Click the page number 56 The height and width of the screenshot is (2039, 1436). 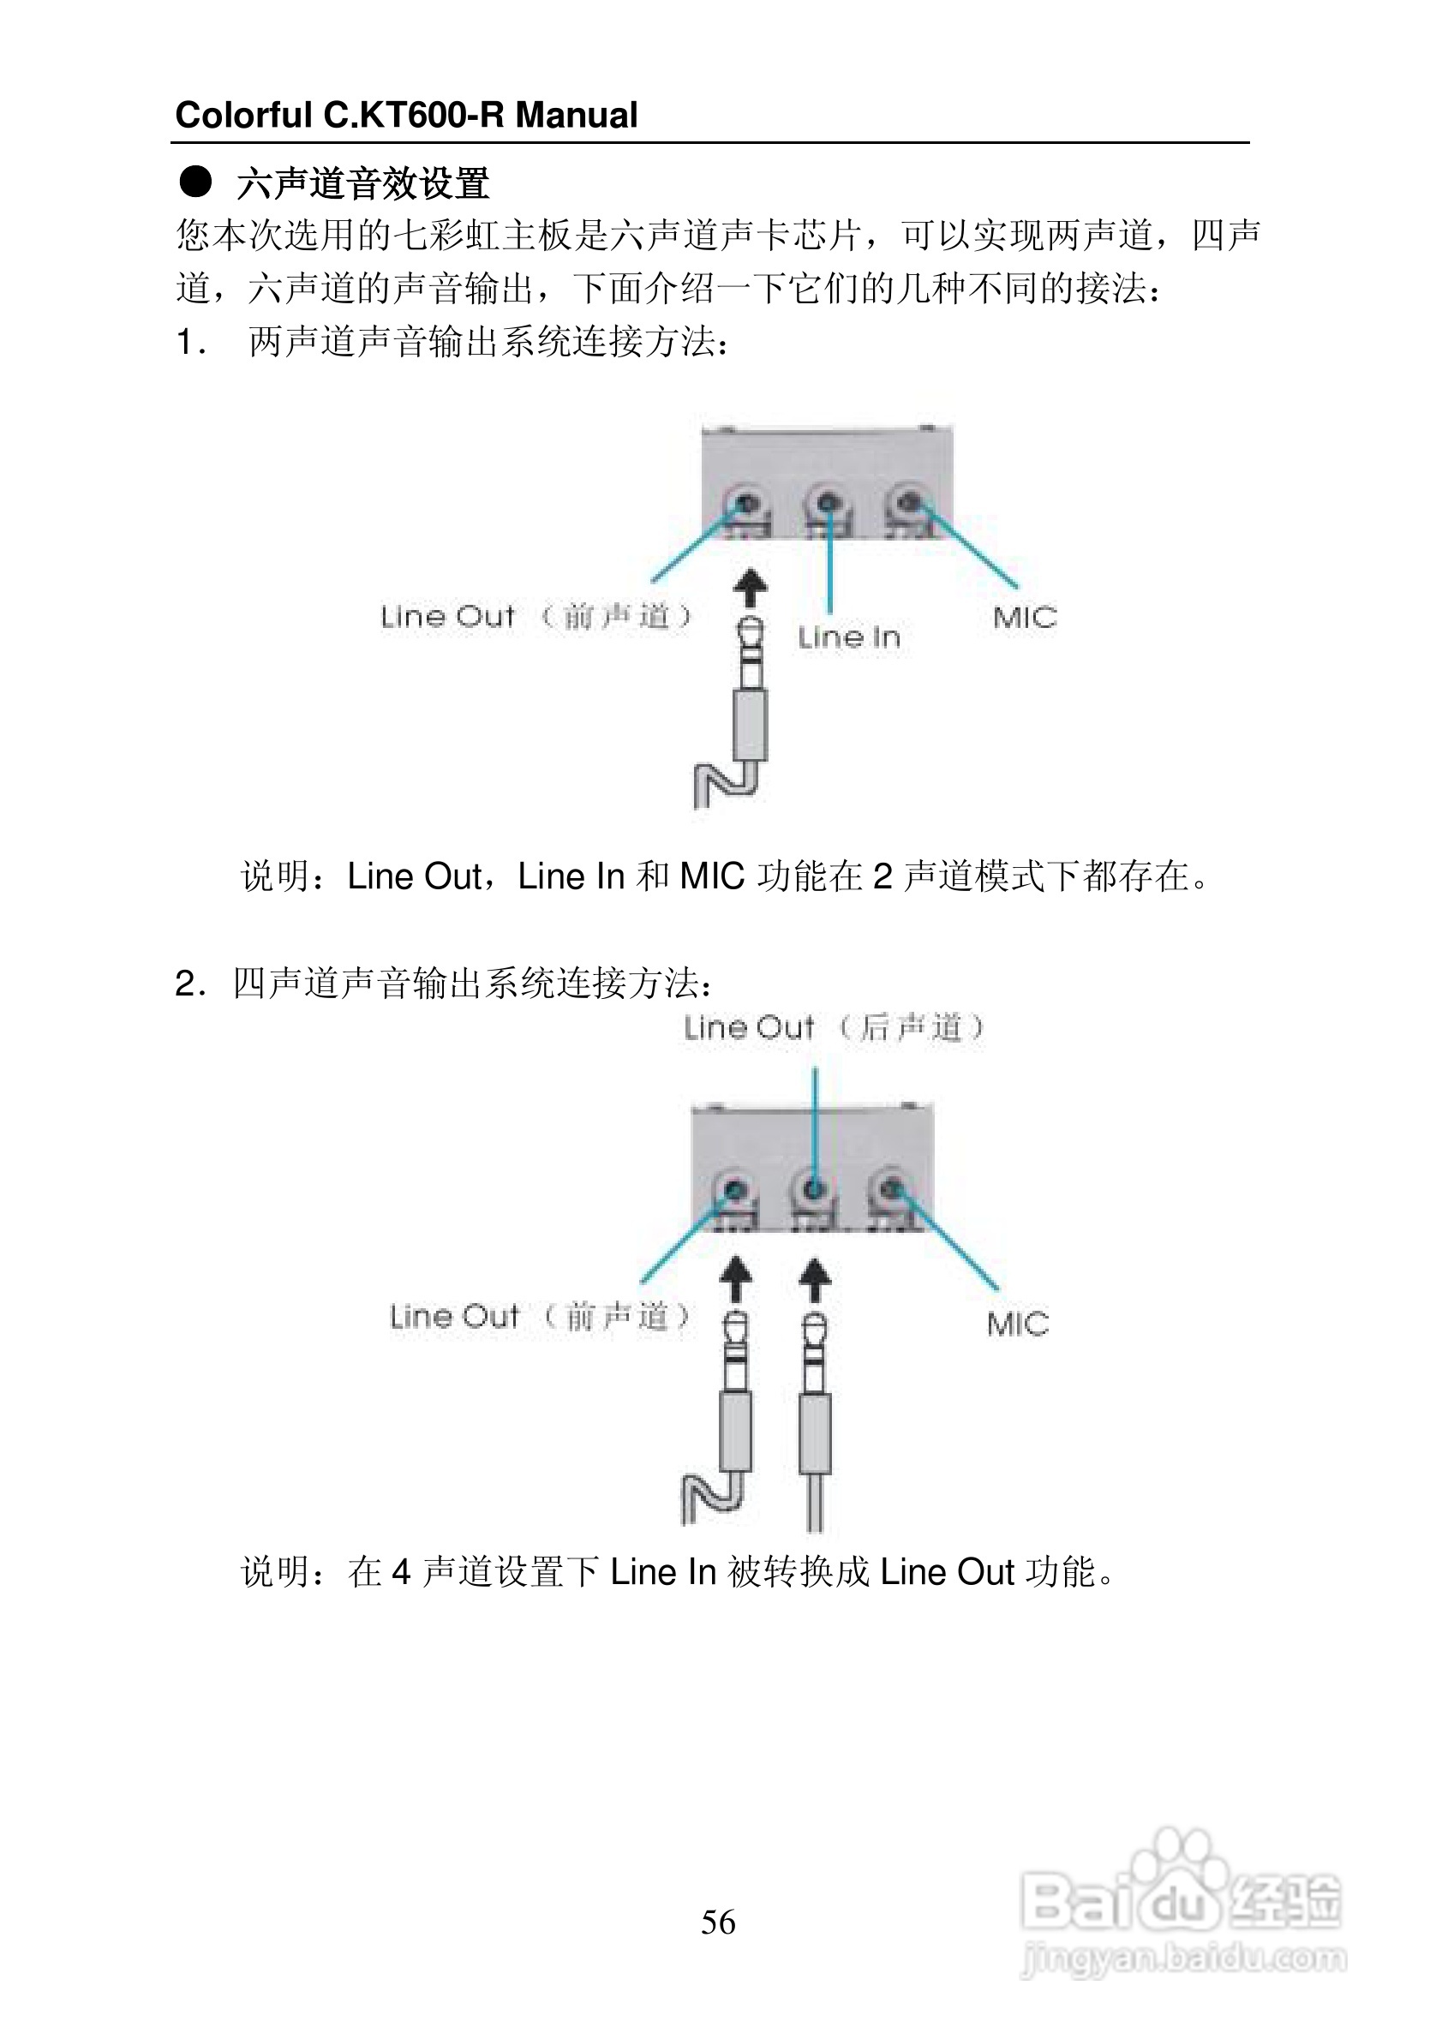717,1921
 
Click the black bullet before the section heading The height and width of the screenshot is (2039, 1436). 195,182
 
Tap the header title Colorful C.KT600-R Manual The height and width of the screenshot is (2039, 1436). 406,116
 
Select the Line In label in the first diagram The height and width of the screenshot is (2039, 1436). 848,637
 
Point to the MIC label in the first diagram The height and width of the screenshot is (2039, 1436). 1025,617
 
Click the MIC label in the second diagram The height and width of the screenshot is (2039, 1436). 1018,1324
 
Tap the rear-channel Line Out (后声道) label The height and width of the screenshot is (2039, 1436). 833,1027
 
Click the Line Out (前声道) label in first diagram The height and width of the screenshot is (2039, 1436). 535,616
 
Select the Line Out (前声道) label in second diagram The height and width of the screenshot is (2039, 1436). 539,1316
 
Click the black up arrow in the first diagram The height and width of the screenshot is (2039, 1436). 751,588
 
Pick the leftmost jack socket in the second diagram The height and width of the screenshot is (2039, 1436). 734,1189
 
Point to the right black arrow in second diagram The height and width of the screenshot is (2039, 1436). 814,1282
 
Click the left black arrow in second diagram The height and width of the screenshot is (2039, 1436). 734,1282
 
